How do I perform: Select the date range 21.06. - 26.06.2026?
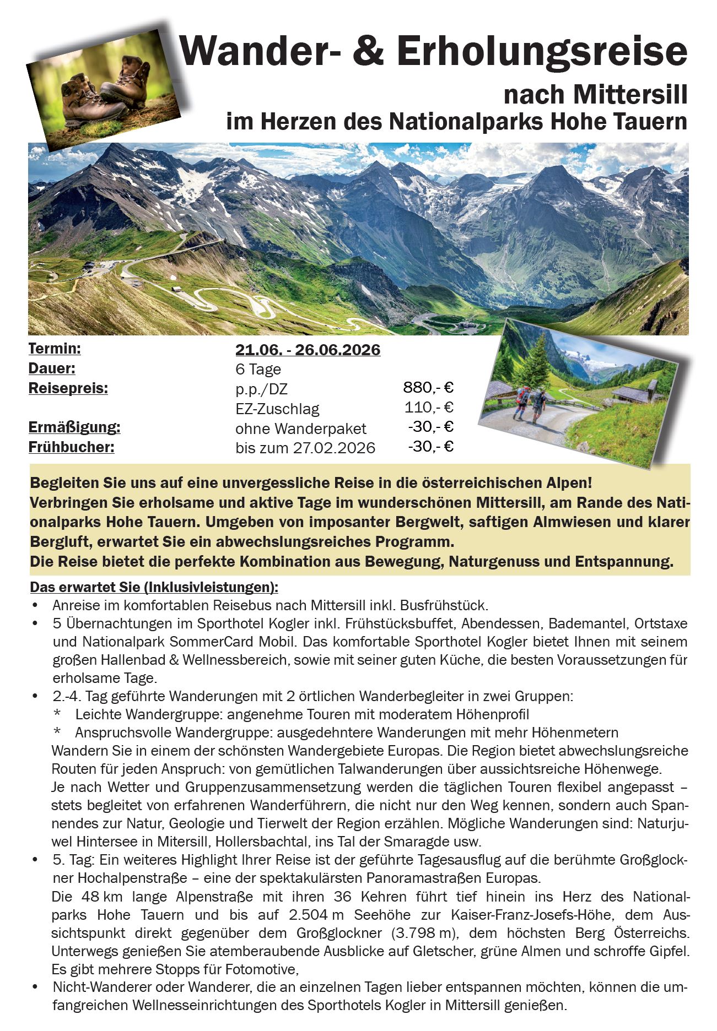click(308, 350)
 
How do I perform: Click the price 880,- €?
click(428, 388)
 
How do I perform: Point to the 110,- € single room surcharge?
click(428, 408)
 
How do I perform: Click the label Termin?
click(55, 349)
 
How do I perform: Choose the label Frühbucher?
click(71, 447)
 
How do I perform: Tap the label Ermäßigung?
click(74, 427)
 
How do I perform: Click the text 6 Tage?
click(258, 369)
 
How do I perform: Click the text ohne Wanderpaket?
click(300, 428)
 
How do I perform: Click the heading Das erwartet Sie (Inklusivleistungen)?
click(154, 587)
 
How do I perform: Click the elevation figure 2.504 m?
click(315, 915)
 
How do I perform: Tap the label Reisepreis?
click(68, 388)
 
